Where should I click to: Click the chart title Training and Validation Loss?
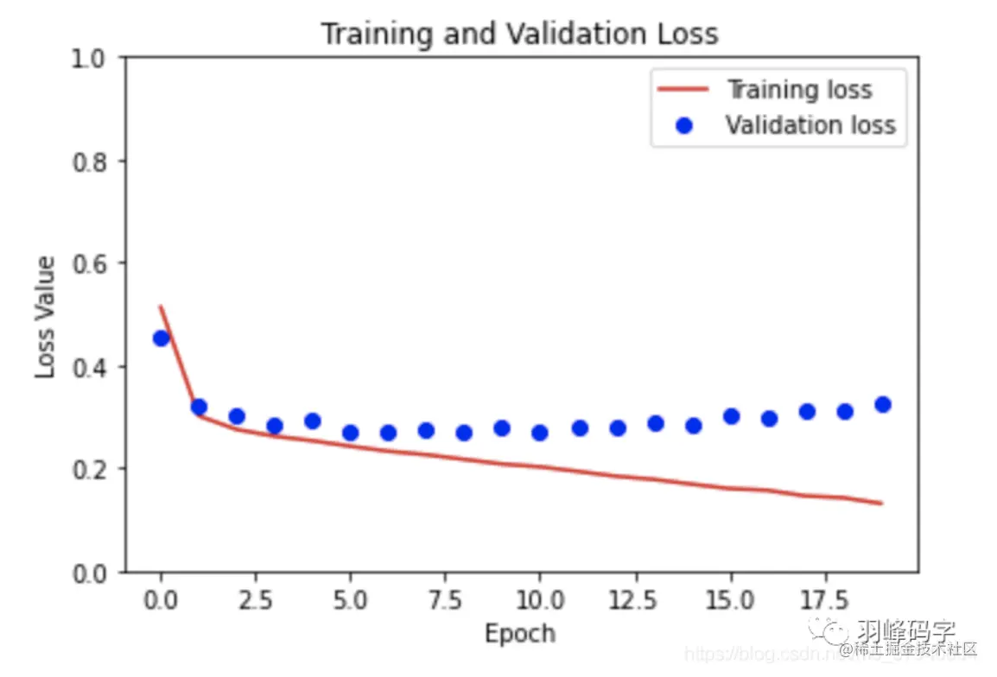(519, 34)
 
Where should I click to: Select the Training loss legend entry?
(799, 90)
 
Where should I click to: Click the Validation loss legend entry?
(810, 125)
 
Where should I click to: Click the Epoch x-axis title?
(519, 634)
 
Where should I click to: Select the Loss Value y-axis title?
(45, 316)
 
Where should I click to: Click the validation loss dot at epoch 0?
(161, 338)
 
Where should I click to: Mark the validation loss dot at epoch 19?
(882, 404)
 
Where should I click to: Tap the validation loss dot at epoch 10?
(540, 433)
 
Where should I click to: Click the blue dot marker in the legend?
(684, 126)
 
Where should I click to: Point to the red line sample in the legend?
(684, 90)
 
